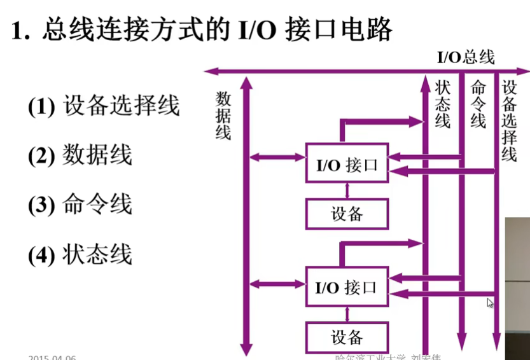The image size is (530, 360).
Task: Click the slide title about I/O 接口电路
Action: [x=202, y=30]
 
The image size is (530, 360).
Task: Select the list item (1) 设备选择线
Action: [x=104, y=106]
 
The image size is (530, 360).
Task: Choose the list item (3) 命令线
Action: [x=80, y=205]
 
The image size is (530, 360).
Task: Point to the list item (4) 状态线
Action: [x=80, y=254]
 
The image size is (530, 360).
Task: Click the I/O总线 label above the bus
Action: [x=465, y=57]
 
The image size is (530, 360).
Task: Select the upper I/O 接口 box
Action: [x=347, y=165]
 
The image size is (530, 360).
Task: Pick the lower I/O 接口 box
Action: [x=347, y=287]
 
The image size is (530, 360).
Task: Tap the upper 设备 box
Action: [x=347, y=214]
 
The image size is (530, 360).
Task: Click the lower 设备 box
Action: [x=347, y=336]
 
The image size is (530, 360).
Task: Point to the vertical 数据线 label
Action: [x=223, y=115]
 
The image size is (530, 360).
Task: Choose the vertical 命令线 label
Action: [x=478, y=104]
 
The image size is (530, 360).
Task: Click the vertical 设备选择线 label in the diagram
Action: [x=510, y=121]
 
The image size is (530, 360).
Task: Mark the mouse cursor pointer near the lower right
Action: [x=490, y=303]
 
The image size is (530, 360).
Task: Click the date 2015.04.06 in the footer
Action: [x=52, y=357]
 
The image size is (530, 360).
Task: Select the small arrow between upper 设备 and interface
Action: [x=347, y=190]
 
